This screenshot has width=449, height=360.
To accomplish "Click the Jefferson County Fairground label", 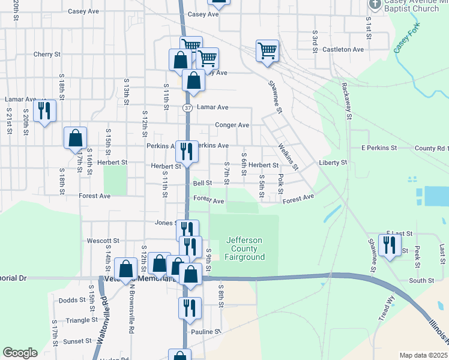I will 245,248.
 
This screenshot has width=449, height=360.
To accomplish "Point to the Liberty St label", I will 333,163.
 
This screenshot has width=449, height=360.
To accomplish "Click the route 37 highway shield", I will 187,108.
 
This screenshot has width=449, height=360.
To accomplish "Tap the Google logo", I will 20,353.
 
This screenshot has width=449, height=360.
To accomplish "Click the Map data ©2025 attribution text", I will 424,355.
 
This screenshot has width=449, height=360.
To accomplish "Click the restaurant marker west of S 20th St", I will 44,110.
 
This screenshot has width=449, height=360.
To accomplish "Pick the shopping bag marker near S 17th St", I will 76,138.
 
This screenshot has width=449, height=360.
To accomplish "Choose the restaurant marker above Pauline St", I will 190,308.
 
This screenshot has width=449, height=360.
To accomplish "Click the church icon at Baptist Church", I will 375,5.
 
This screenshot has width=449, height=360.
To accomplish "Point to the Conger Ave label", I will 232,125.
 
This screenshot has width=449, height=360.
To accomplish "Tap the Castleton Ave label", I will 343,49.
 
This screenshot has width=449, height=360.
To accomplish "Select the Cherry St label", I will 47,54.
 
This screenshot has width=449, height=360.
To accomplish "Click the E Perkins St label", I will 379,148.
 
